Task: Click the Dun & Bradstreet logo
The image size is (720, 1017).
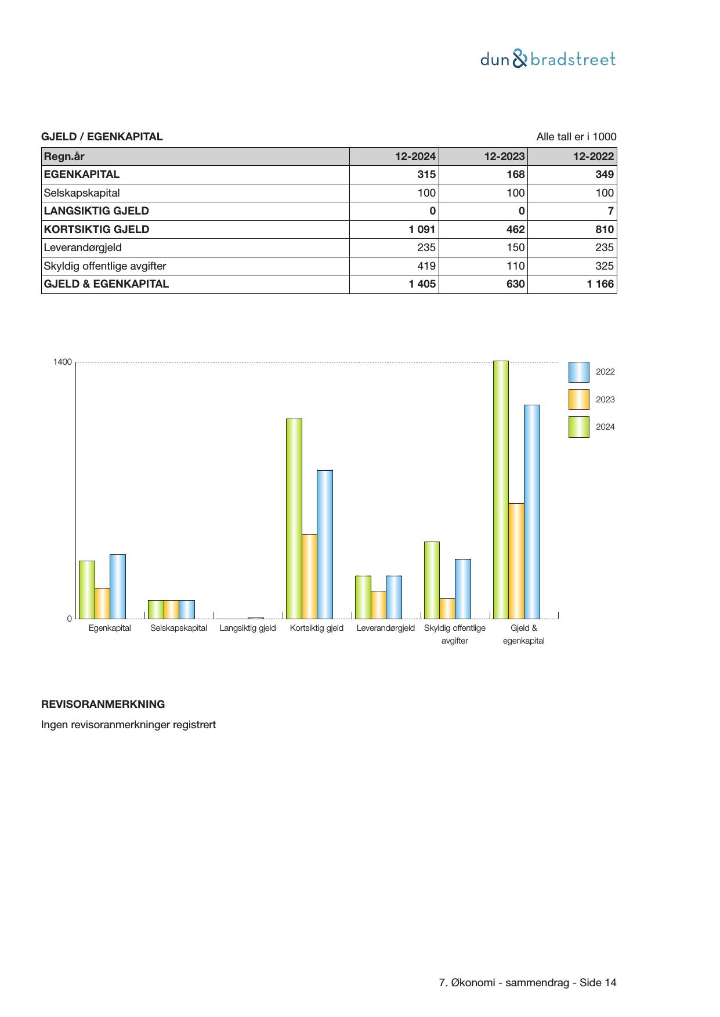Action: coord(548,59)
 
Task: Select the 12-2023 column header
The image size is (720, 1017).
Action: coord(504,157)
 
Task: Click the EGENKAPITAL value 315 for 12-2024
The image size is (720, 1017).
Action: coord(426,175)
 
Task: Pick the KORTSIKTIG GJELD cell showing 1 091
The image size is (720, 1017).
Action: coord(422,230)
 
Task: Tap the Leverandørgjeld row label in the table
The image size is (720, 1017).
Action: coord(83,248)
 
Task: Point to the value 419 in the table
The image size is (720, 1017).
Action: coord(426,266)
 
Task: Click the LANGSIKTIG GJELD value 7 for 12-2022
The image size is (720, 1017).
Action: coord(610,211)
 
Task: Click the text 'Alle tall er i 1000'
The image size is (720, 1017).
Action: coord(576,137)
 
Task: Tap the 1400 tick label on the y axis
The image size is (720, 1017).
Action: coord(63,362)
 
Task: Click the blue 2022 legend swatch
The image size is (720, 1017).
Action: coord(578,372)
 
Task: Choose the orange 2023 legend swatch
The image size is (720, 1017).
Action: coord(578,399)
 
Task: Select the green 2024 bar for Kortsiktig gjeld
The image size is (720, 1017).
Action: coord(294,518)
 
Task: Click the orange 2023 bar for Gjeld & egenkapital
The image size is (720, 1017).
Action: coord(516,561)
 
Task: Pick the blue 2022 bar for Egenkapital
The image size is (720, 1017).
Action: coord(118,586)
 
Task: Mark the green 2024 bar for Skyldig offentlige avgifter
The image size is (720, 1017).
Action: coord(432,580)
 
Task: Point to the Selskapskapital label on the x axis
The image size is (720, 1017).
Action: coord(179,628)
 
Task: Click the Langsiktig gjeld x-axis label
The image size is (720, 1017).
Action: coord(248,628)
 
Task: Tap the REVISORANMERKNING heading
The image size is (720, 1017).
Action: coord(103,704)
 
